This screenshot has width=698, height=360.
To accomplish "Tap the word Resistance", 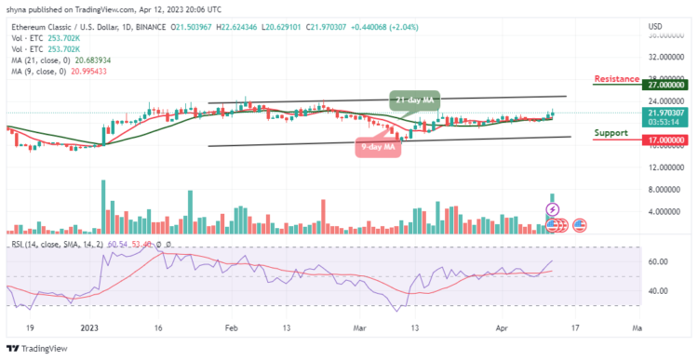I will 615,79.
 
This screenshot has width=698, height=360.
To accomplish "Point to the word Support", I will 611,132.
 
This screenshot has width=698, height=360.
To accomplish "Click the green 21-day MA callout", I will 410,99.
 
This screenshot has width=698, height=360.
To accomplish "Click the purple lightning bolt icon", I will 552,209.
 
